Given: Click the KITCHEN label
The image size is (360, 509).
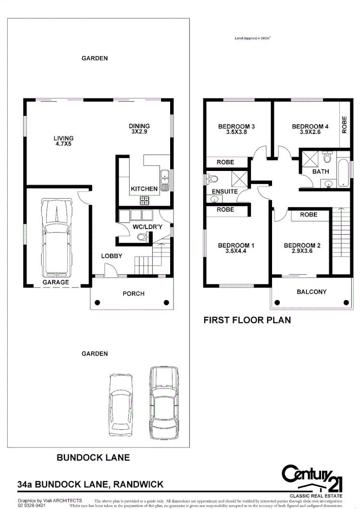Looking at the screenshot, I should point(144,189).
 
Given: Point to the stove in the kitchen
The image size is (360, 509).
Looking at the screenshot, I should point(145,201).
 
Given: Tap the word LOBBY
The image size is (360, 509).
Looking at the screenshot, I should point(112,256).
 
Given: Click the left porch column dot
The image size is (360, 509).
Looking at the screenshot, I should point(98,303).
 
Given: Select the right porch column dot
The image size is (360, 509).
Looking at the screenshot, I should point(167,303).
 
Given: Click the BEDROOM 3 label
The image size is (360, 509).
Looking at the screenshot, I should point(236,127).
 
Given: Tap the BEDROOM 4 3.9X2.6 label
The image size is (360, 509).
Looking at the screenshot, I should point(310,130).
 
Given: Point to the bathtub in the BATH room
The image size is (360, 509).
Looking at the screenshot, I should point(344,173).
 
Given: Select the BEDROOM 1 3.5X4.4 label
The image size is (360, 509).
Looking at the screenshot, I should point(236,248).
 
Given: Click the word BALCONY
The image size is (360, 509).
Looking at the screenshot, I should point(311,291).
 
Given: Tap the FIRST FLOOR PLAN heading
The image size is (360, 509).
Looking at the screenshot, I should point(247,320).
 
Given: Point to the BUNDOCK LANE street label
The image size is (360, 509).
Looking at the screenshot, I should point(93,458).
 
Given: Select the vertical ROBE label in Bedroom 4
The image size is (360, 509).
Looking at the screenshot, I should point(344,124).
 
